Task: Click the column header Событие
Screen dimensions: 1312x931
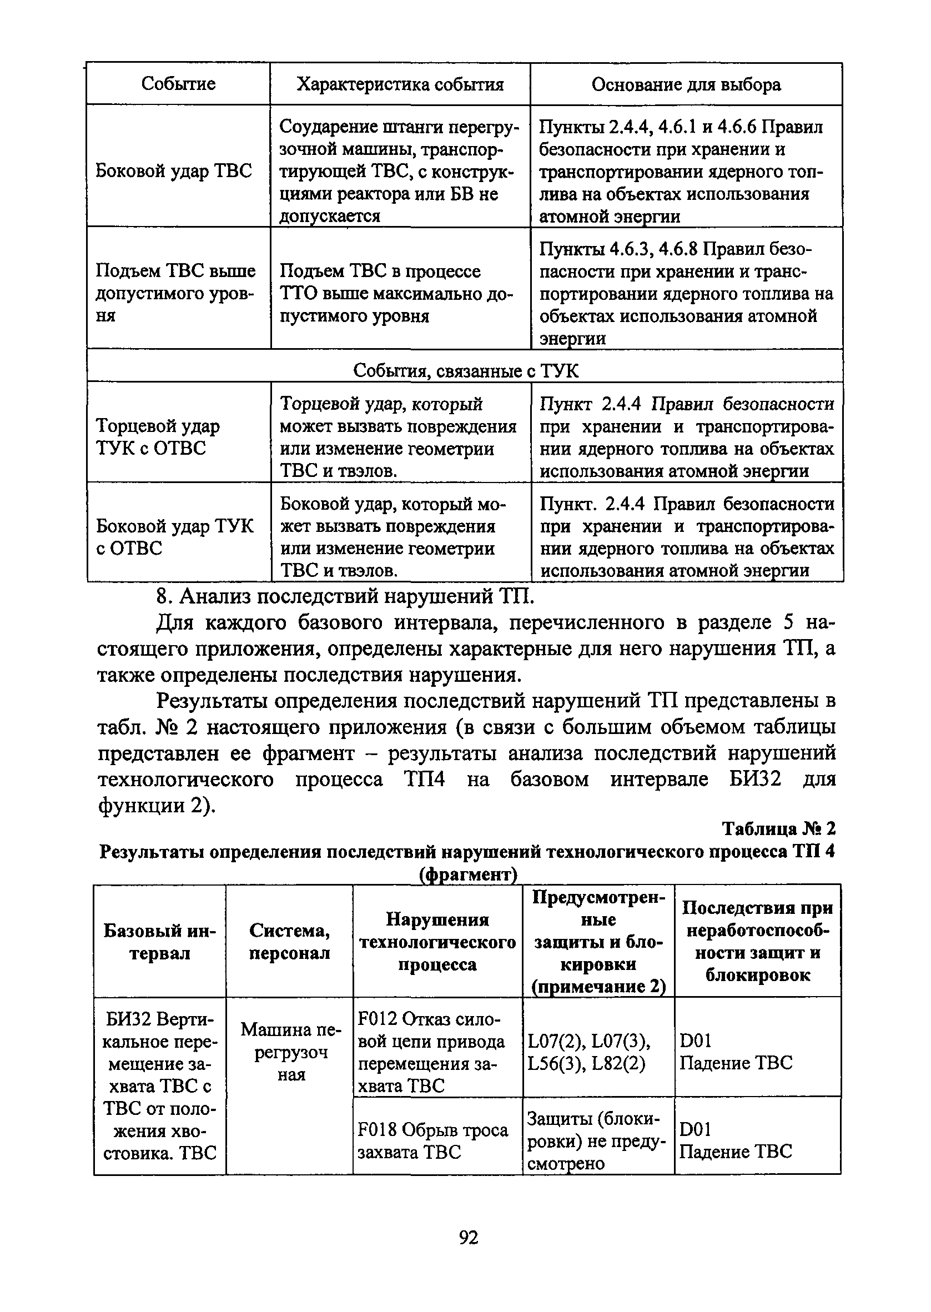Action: [178, 84]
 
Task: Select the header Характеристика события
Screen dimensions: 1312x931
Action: [400, 85]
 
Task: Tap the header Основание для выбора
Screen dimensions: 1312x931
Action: [686, 85]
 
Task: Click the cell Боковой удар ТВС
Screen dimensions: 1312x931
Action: [173, 171]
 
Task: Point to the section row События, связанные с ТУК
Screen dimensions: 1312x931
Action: [465, 371]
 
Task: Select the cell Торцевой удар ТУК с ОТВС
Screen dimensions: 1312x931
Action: [158, 437]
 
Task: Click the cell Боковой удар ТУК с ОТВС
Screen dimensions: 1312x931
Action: [174, 536]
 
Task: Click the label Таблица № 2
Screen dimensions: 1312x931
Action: [778, 829]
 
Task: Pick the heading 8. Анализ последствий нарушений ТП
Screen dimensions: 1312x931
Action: [345, 597]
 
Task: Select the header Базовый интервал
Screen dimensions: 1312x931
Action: [159, 942]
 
